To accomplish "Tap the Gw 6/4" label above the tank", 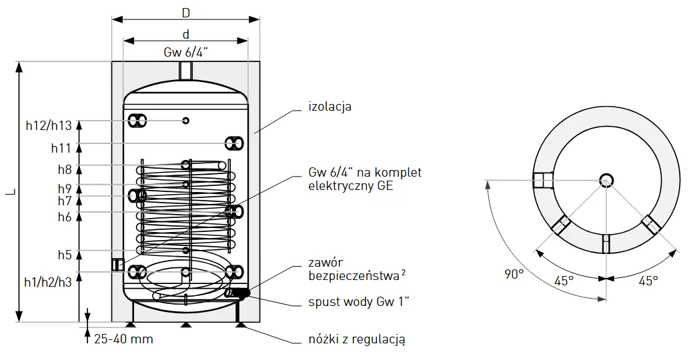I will pos(185,53).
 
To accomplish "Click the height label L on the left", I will pos(10,192).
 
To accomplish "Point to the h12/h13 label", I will pos(48,125).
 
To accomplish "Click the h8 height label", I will pos(64,169).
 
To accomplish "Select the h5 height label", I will pos(64,254).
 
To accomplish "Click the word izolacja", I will pos(329,107).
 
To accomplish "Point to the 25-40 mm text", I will pos(123,339).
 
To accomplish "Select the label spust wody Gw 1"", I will pos(359,302).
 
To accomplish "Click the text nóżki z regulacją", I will pos(358,339).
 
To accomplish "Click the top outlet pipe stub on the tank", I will pos(185,69).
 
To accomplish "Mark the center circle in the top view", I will pos(606,179).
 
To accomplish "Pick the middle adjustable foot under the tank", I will pos(185,325).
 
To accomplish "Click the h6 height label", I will pos(64,217).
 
